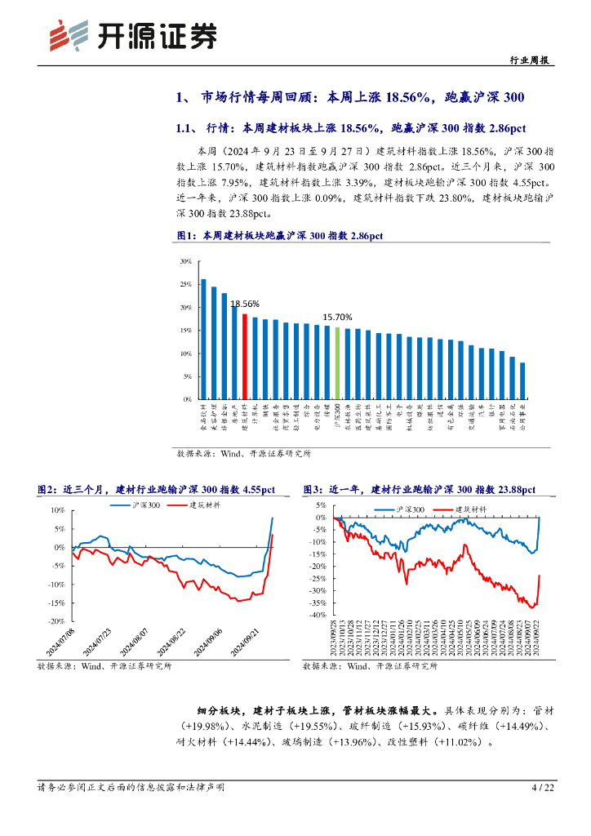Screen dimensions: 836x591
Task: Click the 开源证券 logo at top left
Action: click(134, 33)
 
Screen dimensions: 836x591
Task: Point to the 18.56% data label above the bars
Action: click(245, 304)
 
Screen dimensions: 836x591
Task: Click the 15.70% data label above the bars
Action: click(337, 318)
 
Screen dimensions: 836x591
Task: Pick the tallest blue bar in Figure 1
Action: click(203, 339)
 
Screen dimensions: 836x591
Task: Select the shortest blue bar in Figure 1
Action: click(522, 380)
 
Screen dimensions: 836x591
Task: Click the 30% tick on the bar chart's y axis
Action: click(185, 262)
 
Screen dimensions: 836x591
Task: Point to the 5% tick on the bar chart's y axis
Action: click(187, 377)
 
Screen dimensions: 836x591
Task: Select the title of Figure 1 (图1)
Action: click(280, 236)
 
